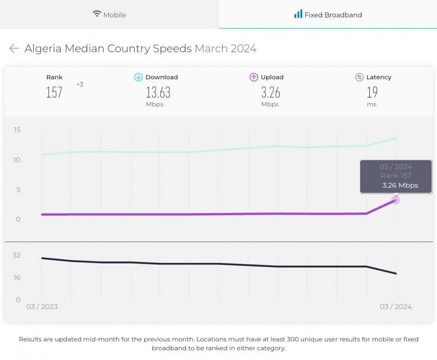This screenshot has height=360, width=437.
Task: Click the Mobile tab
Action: click(x=109, y=14)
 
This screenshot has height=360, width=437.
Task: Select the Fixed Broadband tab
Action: click(x=328, y=14)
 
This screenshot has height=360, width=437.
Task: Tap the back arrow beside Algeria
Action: click(x=14, y=48)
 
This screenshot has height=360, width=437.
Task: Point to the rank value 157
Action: click(x=54, y=92)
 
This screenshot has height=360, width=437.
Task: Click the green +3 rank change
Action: click(x=80, y=84)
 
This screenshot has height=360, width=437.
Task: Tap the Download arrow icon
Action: click(x=138, y=77)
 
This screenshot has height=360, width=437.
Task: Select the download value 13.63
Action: click(x=158, y=92)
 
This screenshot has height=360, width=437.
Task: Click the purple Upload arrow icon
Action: click(x=254, y=77)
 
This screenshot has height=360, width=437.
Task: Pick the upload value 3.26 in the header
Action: click(x=271, y=92)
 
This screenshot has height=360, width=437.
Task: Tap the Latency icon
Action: click(x=359, y=77)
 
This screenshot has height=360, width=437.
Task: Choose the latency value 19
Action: click(x=372, y=92)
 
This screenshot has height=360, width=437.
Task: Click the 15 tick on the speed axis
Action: click(x=17, y=130)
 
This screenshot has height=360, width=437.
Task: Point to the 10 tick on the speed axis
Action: click(x=17, y=160)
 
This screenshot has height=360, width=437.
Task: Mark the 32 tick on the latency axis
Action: click(x=17, y=255)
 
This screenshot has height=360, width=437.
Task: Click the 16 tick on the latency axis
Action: click(x=17, y=277)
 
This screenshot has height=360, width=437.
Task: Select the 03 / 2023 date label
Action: click(x=42, y=307)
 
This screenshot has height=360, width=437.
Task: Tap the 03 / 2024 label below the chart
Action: click(x=396, y=307)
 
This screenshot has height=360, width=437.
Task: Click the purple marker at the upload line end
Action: click(x=396, y=200)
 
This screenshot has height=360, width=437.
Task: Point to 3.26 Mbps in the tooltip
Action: click(x=400, y=185)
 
